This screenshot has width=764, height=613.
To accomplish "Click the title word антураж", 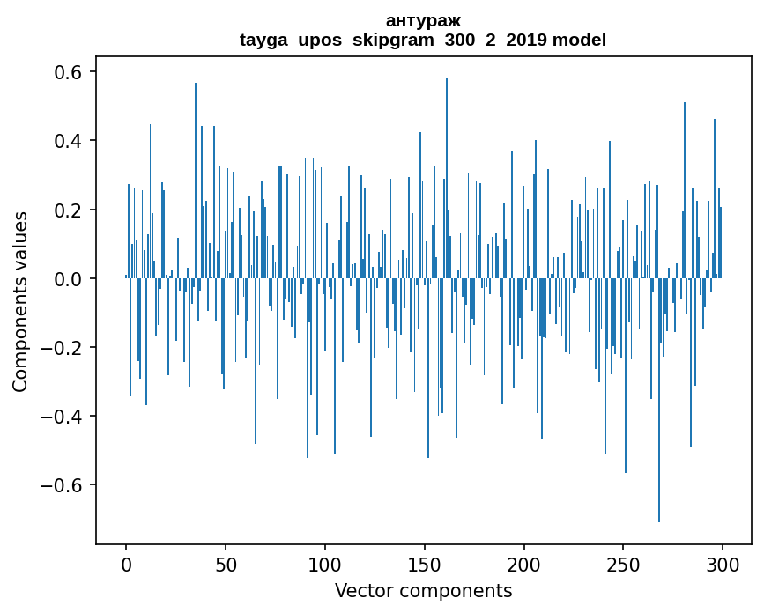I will click(x=423, y=20).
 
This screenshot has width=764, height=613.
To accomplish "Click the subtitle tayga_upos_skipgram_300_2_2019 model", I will click(x=423, y=40).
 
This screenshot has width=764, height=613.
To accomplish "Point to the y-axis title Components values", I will click(x=20, y=301).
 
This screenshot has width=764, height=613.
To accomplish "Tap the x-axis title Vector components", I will click(x=423, y=590).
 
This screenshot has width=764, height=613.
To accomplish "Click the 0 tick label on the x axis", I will click(x=126, y=564).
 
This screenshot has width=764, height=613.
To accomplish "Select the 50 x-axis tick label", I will click(x=226, y=564).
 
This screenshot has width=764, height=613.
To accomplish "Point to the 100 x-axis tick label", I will click(x=325, y=564).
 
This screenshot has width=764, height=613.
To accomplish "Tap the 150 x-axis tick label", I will click(x=425, y=564).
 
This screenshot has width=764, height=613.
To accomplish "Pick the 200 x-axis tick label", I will click(x=524, y=564).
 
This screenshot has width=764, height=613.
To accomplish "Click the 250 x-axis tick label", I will click(x=624, y=564).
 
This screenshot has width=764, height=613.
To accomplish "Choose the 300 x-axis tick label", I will click(x=723, y=564).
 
